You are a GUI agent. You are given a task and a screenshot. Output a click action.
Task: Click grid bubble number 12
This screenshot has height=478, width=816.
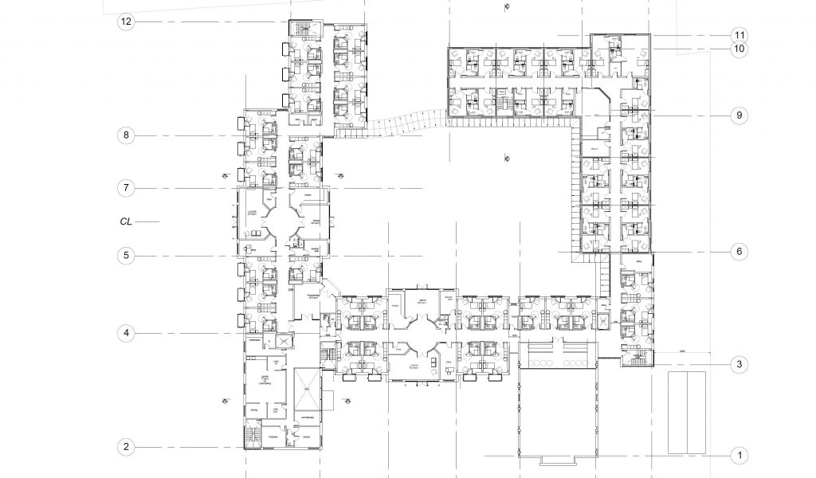pos(126,22)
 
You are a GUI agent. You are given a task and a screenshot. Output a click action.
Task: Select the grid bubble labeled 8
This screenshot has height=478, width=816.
pos(126,135)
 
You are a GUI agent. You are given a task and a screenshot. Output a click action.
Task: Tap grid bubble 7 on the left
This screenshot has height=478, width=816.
pos(126,189)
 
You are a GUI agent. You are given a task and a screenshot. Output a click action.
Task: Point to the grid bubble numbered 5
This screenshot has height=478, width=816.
pos(126,256)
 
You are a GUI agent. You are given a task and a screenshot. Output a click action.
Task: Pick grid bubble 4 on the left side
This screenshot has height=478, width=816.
pos(126,332)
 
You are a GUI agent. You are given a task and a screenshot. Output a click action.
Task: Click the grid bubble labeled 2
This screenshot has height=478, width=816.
pos(126,446)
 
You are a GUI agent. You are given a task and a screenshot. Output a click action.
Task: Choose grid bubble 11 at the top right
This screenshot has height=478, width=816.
pos(739,35)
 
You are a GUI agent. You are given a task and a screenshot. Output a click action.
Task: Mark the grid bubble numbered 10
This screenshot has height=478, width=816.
pos(739,49)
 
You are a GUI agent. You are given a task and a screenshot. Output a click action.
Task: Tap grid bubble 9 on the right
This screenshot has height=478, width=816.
pos(739,116)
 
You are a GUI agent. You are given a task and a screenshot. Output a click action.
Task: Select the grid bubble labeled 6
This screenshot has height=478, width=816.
pos(739,251)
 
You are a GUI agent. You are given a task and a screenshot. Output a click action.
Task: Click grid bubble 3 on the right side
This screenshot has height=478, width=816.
pos(739,365)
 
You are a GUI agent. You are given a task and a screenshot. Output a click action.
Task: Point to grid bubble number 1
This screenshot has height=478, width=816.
pos(739,456)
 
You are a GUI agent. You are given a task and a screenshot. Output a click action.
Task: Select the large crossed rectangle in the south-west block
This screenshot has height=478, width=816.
pos(307,390)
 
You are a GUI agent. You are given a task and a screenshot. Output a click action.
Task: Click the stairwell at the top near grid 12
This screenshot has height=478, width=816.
pos(301,30)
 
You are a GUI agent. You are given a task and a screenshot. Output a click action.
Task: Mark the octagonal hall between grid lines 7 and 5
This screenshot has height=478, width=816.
pos(282,223)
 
